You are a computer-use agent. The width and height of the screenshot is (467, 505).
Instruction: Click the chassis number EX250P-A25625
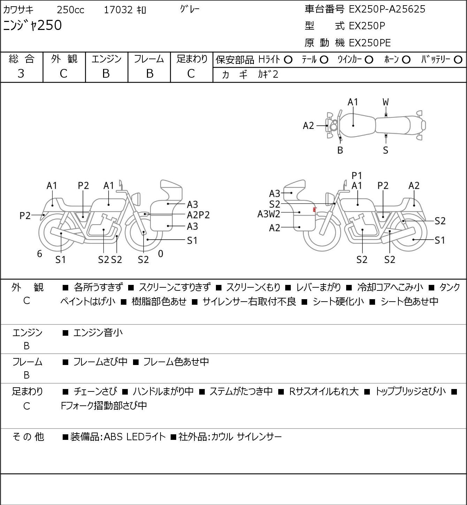(x=387, y=9)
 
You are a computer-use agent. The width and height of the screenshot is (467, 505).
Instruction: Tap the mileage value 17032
(x=118, y=10)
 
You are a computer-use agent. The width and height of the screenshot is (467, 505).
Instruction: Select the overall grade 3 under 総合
(x=21, y=74)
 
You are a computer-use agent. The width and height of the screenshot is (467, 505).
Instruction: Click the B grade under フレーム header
(x=150, y=74)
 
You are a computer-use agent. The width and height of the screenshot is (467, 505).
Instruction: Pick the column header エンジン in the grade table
(x=107, y=59)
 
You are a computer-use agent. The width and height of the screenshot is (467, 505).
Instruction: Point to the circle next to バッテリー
(x=458, y=60)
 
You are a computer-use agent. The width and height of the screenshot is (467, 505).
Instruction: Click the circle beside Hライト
(x=288, y=60)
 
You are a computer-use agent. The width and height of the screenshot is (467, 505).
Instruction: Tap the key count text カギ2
(x=268, y=75)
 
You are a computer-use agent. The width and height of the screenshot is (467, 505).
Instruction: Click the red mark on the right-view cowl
(x=314, y=210)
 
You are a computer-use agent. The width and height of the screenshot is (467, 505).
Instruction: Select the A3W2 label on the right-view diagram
(x=268, y=214)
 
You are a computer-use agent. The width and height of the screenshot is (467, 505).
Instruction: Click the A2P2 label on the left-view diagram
(x=199, y=215)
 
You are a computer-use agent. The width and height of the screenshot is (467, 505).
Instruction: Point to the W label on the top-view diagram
(x=386, y=102)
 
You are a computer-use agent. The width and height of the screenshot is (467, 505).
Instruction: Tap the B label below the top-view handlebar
(x=340, y=150)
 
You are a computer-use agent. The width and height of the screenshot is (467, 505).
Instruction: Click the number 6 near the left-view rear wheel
(x=39, y=254)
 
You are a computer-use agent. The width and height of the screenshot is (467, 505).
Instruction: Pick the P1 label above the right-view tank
(x=357, y=176)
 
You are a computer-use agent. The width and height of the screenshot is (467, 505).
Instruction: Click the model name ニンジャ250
(x=32, y=25)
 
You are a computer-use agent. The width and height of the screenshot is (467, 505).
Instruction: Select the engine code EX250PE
(x=370, y=43)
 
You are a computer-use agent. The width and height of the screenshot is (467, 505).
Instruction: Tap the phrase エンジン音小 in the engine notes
(x=98, y=333)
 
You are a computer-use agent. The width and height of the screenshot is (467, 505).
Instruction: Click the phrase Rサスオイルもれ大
(x=324, y=391)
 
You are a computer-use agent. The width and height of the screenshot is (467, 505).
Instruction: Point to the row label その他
(x=28, y=437)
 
